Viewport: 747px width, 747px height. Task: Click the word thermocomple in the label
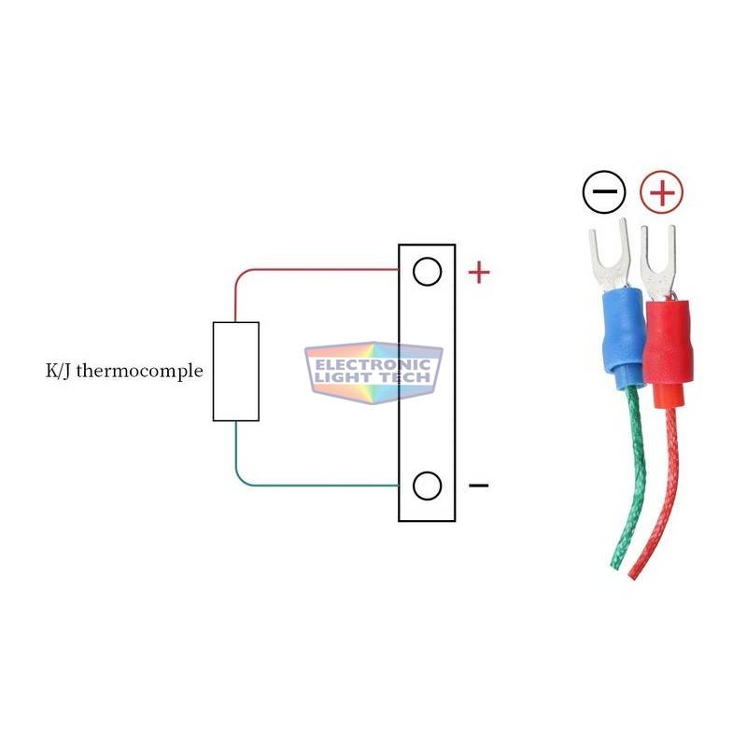tap(139, 371)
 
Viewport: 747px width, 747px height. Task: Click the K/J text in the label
tap(58, 371)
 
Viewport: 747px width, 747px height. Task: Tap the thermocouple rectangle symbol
tap(236, 372)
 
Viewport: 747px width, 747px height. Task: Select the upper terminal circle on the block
tap(428, 272)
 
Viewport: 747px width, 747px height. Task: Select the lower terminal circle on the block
tap(428, 486)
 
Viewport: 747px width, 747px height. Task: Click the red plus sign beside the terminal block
tap(479, 273)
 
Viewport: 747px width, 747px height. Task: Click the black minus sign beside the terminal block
tap(479, 486)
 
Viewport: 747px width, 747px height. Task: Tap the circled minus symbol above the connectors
tap(604, 192)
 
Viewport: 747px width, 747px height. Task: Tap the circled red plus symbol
tap(662, 192)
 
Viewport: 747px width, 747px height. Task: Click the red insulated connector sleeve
tap(666, 354)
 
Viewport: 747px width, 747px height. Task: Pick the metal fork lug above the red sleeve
tap(658, 263)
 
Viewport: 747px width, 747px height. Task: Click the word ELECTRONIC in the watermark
tap(373, 365)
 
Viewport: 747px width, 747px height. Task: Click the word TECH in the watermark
tap(404, 378)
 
